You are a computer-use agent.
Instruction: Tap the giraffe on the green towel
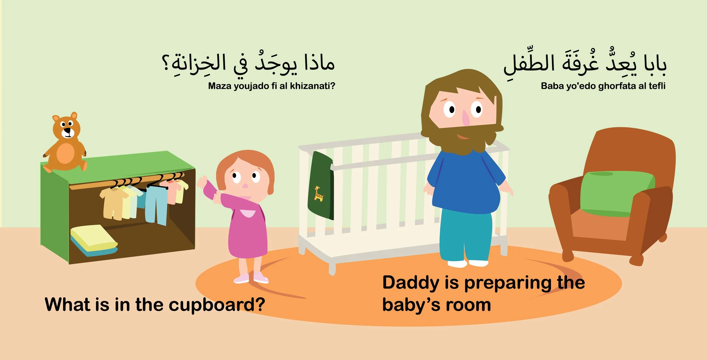[x=319, y=194]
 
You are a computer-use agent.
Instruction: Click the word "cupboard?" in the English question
[x=217, y=305]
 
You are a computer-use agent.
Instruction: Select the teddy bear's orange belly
[x=66, y=153]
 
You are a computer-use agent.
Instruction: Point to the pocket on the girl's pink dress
[x=247, y=213]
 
